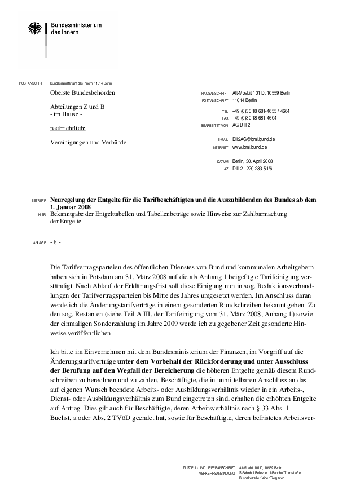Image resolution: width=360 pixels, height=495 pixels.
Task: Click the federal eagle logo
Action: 35,29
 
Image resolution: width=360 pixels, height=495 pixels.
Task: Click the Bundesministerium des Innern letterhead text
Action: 76,29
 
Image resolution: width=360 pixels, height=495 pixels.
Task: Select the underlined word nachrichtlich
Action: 68,128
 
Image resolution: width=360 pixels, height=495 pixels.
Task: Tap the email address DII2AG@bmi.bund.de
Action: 253,139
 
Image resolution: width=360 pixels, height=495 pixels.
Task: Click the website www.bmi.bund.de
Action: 249,147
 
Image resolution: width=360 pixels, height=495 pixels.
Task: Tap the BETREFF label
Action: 38,200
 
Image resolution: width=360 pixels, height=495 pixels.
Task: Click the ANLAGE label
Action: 38,243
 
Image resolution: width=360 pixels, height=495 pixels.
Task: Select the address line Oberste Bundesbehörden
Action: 82,92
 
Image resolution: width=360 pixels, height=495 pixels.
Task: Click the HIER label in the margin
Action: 41,215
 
